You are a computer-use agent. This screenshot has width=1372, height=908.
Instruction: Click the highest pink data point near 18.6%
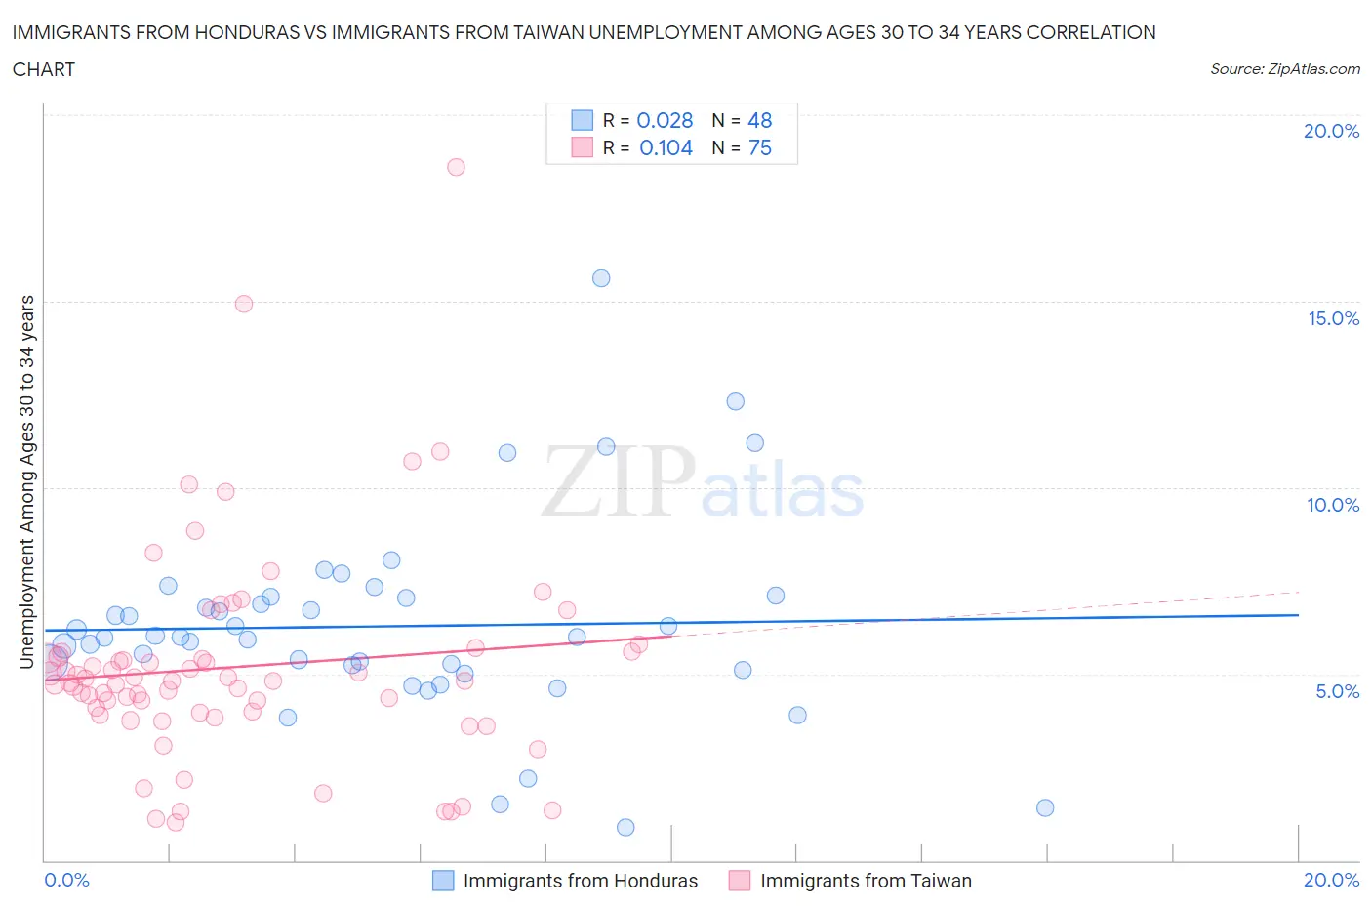click(x=456, y=167)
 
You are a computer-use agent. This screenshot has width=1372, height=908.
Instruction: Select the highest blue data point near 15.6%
click(x=601, y=278)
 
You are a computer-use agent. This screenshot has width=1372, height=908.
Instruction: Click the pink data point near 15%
click(x=244, y=304)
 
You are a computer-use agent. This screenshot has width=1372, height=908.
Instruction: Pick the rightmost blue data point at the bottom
click(x=1045, y=807)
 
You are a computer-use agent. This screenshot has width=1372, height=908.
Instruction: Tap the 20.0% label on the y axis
click(x=1331, y=131)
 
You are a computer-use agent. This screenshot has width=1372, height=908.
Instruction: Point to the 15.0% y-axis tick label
click(x=1333, y=318)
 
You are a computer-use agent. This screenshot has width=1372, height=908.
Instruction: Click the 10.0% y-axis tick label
click(x=1333, y=505)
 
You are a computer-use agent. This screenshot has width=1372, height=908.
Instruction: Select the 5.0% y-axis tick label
click(x=1337, y=691)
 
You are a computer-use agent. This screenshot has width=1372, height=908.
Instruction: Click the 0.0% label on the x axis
click(x=67, y=880)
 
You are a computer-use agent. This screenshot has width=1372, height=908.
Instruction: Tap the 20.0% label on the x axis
click(x=1331, y=880)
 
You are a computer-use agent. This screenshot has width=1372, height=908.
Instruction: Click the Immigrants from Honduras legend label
click(x=581, y=881)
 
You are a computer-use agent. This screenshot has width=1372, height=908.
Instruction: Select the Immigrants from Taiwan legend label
click(x=866, y=881)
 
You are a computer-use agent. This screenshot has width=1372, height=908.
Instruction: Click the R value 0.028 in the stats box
click(x=665, y=120)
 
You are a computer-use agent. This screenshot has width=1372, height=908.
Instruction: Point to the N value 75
click(x=759, y=147)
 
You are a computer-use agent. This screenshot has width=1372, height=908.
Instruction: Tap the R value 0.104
click(x=666, y=147)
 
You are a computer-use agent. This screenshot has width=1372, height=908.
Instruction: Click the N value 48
click(x=759, y=120)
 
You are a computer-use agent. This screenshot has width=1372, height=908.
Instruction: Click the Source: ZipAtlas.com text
click(x=1284, y=69)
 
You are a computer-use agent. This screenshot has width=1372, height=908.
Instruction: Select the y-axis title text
click(x=26, y=481)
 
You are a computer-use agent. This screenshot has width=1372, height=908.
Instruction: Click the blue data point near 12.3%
click(x=736, y=401)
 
